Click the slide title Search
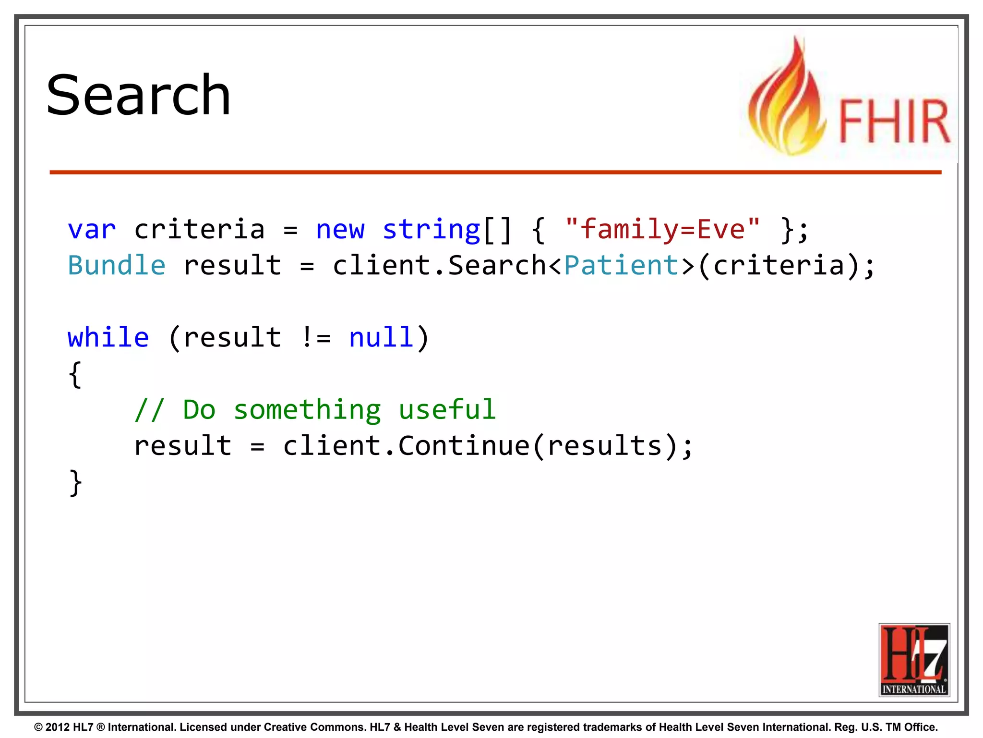pyautogui.click(x=138, y=95)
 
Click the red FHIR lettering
pyautogui.click(x=894, y=121)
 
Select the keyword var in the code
pyautogui.click(x=92, y=229)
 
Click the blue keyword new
pyautogui.click(x=340, y=229)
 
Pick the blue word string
pyautogui.click(x=431, y=229)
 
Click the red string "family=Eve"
pyautogui.click(x=662, y=229)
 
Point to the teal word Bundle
pyautogui.click(x=117, y=265)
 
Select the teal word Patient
pyautogui.click(x=621, y=265)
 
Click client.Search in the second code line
pyautogui.click(x=439, y=265)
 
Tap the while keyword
pyautogui.click(x=108, y=337)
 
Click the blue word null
pyautogui.click(x=381, y=337)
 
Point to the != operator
pyautogui.click(x=316, y=337)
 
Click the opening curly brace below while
pyautogui.click(x=75, y=374)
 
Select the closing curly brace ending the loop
pyautogui.click(x=75, y=482)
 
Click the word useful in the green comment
pyautogui.click(x=447, y=410)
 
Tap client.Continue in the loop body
pyautogui.click(x=406, y=446)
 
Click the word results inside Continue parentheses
pyautogui.click(x=605, y=446)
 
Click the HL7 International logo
pyautogui.click(x=914, y=660)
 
